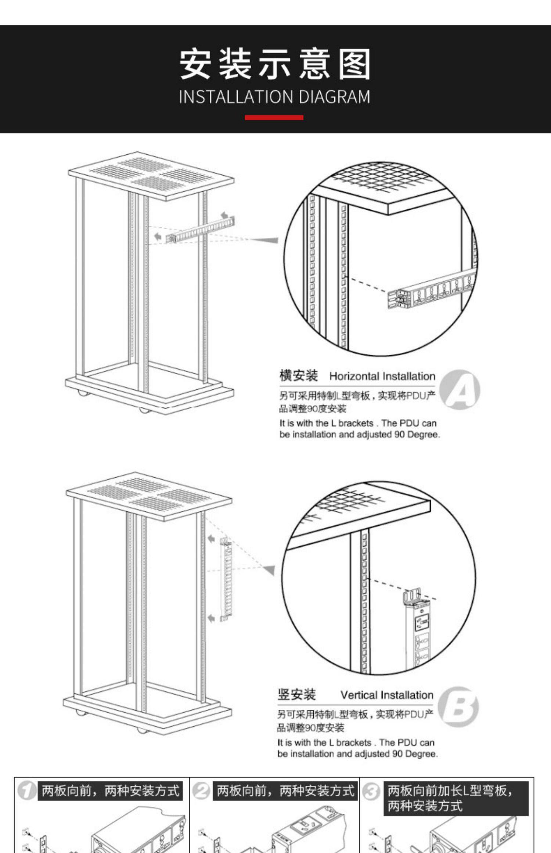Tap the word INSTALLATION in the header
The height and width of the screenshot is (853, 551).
point(235,97)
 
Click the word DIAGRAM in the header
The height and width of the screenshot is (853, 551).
point(334,97)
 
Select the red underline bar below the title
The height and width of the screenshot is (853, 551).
point(274,118)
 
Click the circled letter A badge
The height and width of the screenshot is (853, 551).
point(460,389)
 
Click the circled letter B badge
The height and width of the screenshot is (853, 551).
point(458,707)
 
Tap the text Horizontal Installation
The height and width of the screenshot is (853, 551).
point(382,376)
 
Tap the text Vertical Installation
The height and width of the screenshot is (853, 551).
point(387,695)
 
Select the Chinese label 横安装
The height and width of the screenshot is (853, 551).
point(298,376)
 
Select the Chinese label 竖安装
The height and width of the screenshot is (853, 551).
point(296,695)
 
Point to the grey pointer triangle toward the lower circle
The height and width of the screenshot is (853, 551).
point(269,570)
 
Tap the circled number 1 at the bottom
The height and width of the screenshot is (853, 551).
point(26,791)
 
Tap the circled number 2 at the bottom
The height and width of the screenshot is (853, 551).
point(201,791)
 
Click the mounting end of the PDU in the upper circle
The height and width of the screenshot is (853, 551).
point(399,299)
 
